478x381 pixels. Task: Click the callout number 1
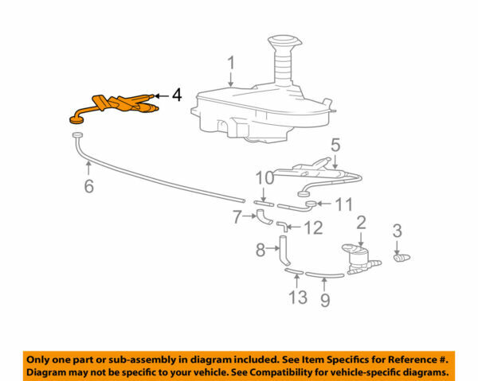[230, 62]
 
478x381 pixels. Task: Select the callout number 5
[335, 145]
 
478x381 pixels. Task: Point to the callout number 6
[89, 186]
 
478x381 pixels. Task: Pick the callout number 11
[343, 204]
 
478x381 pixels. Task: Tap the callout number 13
[296, 297]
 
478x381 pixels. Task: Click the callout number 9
[324, 301]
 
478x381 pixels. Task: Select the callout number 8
[260, 251]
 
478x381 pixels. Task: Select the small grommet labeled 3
[402, 257]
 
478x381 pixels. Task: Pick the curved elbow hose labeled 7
[262, 216]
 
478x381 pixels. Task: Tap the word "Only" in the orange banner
[41, 360]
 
